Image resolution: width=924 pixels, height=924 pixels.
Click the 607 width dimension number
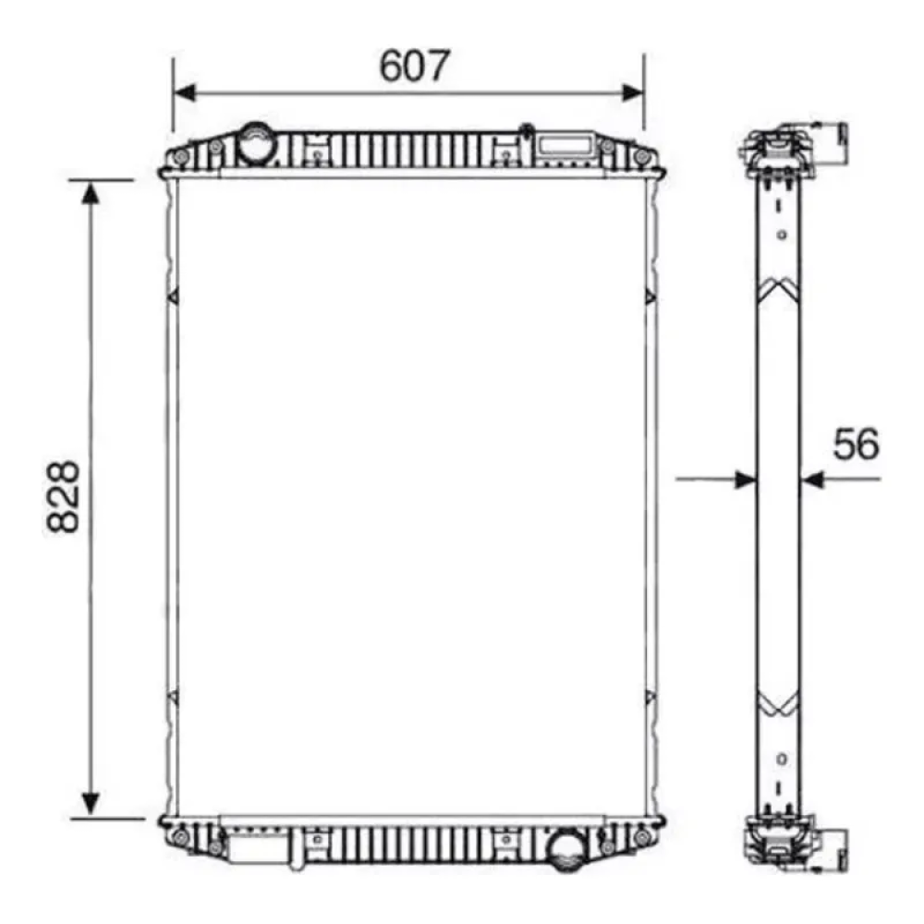414,66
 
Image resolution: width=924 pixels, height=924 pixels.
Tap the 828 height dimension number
63,497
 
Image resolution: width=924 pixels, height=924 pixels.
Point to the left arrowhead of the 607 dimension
185,92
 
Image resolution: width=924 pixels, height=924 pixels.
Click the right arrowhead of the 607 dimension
633,92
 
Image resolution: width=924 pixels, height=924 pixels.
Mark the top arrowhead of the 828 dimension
91,193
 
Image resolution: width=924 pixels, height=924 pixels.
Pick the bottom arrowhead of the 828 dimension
91,804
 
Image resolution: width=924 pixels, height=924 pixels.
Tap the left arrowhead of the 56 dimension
745,480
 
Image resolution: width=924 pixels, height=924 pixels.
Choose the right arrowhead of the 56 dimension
812,480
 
